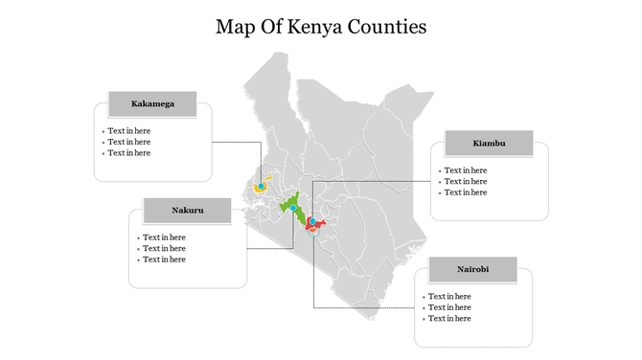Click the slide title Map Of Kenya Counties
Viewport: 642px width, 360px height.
click(x=321, y=26)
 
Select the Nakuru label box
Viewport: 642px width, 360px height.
click(x=188, y=210)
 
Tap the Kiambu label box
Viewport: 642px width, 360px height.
click(x=489, y=144)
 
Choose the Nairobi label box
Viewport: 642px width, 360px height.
click(x=472, y=270)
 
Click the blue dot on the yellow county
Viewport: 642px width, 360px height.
click(x=261, y=186)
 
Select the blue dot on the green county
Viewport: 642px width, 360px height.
click(x=292, y=207)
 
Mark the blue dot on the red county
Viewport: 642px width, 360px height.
click(x=312, y=222)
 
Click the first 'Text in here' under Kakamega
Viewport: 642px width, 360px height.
click(x=128, y=131)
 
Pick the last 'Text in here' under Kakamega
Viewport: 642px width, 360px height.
click(x=128, y=153)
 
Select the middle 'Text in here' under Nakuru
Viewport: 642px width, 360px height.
click(x=164, y=249)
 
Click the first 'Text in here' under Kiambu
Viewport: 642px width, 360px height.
click(x=465, y=170)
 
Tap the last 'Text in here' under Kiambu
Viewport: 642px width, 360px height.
click(x=465, y=192)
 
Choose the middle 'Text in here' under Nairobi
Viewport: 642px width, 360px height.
click(x=449, y=307)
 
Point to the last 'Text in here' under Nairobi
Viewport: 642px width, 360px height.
click(x=449, y=319)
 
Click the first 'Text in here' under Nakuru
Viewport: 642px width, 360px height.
click(x=164, y=237)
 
